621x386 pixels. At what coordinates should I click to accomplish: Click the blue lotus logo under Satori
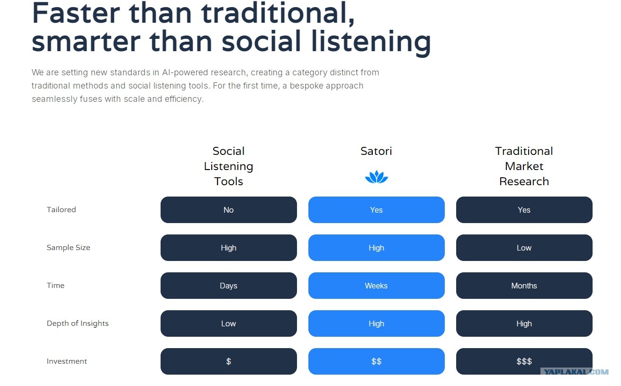coord(376,177)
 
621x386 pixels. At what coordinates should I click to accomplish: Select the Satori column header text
coord(376,151)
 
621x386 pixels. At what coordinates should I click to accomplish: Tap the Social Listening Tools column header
coord(228,166)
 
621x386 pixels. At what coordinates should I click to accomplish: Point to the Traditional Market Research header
coord(524,166)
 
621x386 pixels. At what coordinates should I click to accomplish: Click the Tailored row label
coord(61,210)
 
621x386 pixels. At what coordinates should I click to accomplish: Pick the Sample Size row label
coord(69,247)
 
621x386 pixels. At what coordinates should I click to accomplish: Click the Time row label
coord(55,286)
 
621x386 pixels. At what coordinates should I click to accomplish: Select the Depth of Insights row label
coord(78,323)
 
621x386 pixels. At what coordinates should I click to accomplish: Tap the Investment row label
coord(67,361)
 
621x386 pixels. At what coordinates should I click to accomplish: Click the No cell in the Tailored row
coord(228,210)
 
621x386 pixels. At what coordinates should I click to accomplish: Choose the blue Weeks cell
coord(376,286)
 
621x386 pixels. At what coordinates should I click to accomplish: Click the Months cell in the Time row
coord(524,286)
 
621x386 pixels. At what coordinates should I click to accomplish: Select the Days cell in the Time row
coord(228,286)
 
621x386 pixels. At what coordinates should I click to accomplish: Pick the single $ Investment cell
coord(228,361)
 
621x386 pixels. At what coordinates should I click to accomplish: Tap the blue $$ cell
coord(376,361)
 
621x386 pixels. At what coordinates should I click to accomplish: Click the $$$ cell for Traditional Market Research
coord(524,361)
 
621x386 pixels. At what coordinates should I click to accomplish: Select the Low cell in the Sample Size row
coord(524,247)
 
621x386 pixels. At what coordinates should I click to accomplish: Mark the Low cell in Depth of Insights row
coord(228,323)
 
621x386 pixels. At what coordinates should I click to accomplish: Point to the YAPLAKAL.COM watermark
coord(576,372)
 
